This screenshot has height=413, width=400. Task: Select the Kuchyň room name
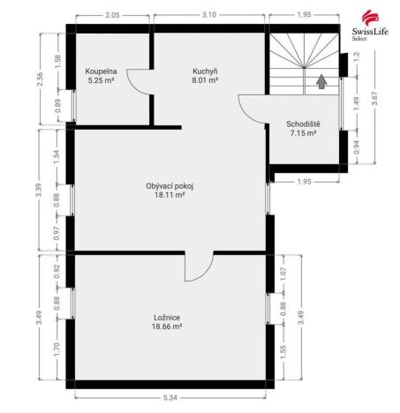pos(206,71)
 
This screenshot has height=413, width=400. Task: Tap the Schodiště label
pos(303,124)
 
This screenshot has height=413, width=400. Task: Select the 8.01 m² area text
pos(206,80)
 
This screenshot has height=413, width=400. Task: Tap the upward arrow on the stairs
pos(321,81)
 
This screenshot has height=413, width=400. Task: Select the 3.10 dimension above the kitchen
pos(208,16)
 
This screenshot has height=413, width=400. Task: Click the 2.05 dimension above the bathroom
pos(112,16)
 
